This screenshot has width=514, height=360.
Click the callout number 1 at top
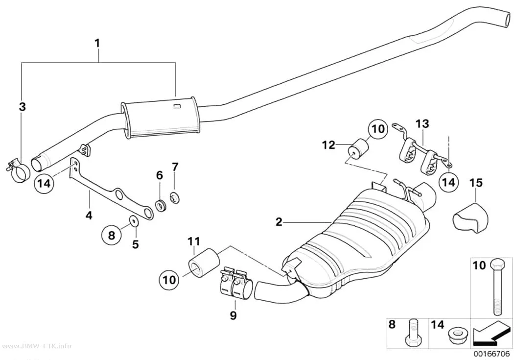click(x=97, y=43)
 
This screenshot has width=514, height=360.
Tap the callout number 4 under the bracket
click(x=89, y=216)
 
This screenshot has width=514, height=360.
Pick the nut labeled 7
click(x=175, y=198)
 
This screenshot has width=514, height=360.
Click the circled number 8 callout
click(x=112, y=235)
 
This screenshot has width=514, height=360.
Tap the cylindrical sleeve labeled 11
click(x=203, y=264)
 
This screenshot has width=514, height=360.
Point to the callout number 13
click(x=422, y=124)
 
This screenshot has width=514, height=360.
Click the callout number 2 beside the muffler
click(x=279, y=222)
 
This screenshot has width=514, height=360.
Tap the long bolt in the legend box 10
click(x=495, y=286)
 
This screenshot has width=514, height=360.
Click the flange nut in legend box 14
click(x=455, y=336)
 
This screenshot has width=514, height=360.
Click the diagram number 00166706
click(x=491, y=354)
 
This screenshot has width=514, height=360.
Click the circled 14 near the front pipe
click(x=44, y=183)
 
